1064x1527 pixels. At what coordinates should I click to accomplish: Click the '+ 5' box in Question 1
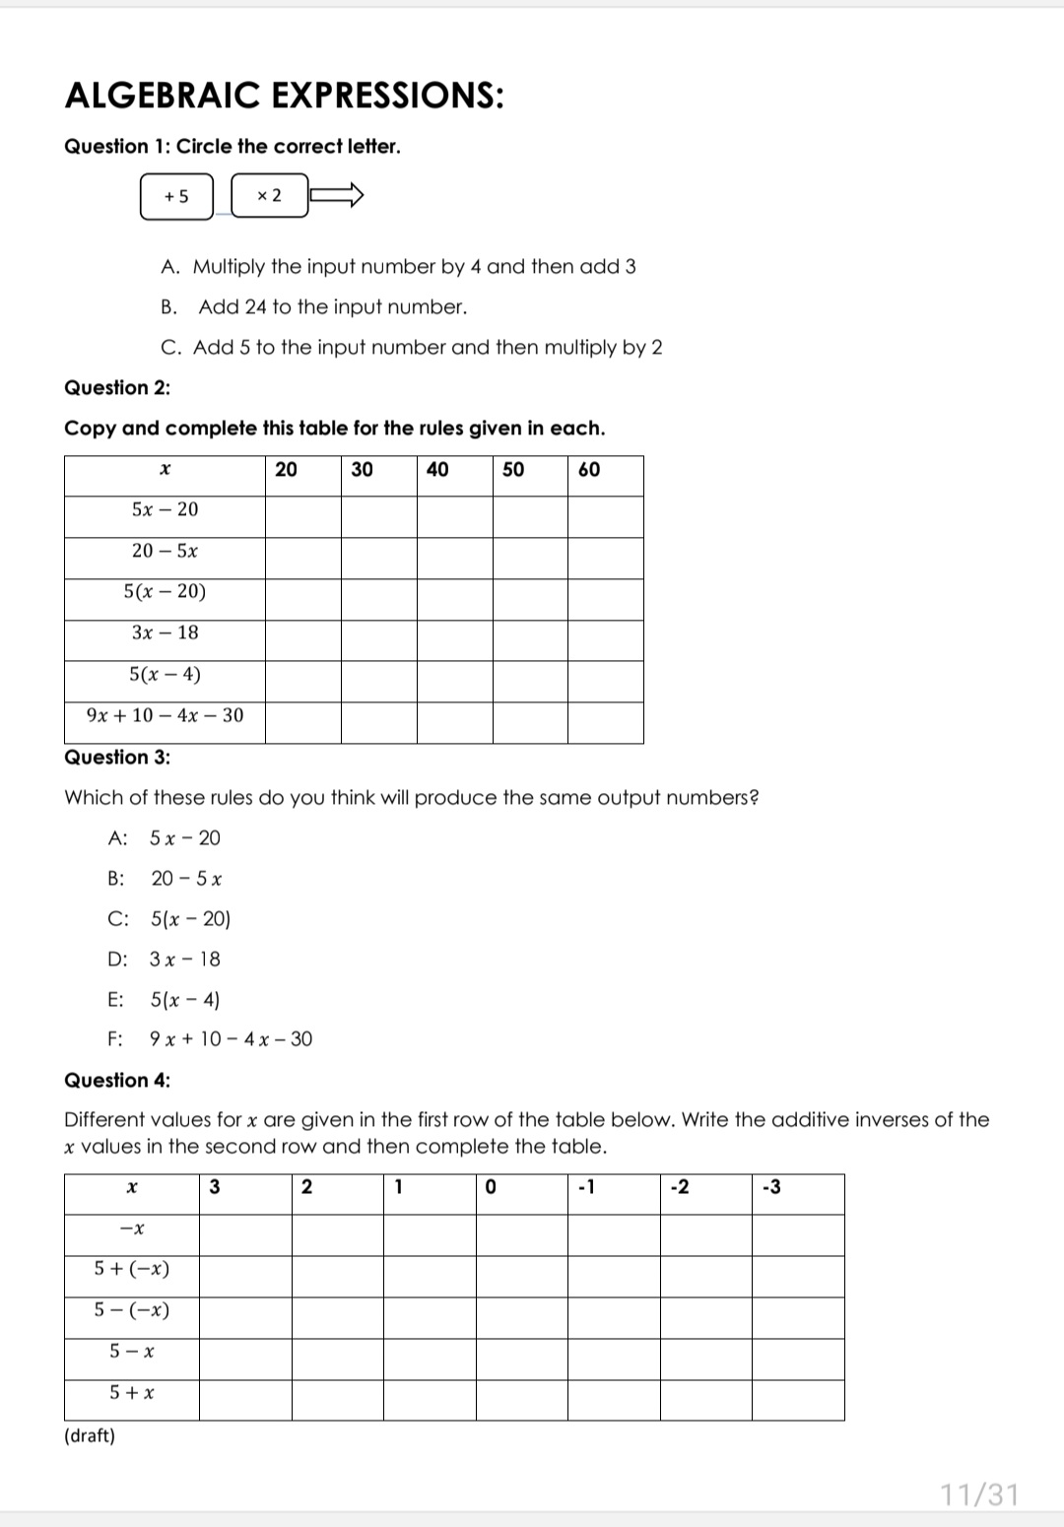click(x=176, y=196)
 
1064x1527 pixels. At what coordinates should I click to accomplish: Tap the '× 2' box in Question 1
click(x=269, y=195)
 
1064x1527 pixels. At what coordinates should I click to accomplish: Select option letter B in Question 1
click(x=168, y=307)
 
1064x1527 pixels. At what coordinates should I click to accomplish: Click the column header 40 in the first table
click(x=437, y=470)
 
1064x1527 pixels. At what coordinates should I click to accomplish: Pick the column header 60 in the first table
click(x=589, y=470)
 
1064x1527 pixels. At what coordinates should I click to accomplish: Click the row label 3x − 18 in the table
click(x=165, y=633)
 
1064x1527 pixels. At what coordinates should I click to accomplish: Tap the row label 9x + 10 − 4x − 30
click(x=165, y=716)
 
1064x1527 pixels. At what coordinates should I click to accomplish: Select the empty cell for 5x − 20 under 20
click(x=303, y=516)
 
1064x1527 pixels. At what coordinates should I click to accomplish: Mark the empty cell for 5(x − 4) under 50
click(x=530, y=681)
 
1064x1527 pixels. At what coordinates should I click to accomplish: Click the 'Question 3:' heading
click(x=116, y=758)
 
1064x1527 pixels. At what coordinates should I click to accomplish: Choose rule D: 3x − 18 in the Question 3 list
click(x=185, y=960)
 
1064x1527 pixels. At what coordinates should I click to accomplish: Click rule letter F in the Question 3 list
click(x=115, y=1039)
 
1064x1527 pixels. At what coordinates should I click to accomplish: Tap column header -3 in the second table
click(x=771, y=1187)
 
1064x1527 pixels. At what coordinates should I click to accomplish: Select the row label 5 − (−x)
click(x=132, y=1310)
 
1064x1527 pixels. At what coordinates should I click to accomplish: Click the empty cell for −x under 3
click(x=245, y=1234)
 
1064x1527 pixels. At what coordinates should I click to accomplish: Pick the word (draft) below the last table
click(x=90, y=1436)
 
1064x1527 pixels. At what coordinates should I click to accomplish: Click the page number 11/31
click(x=979, y=1494)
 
